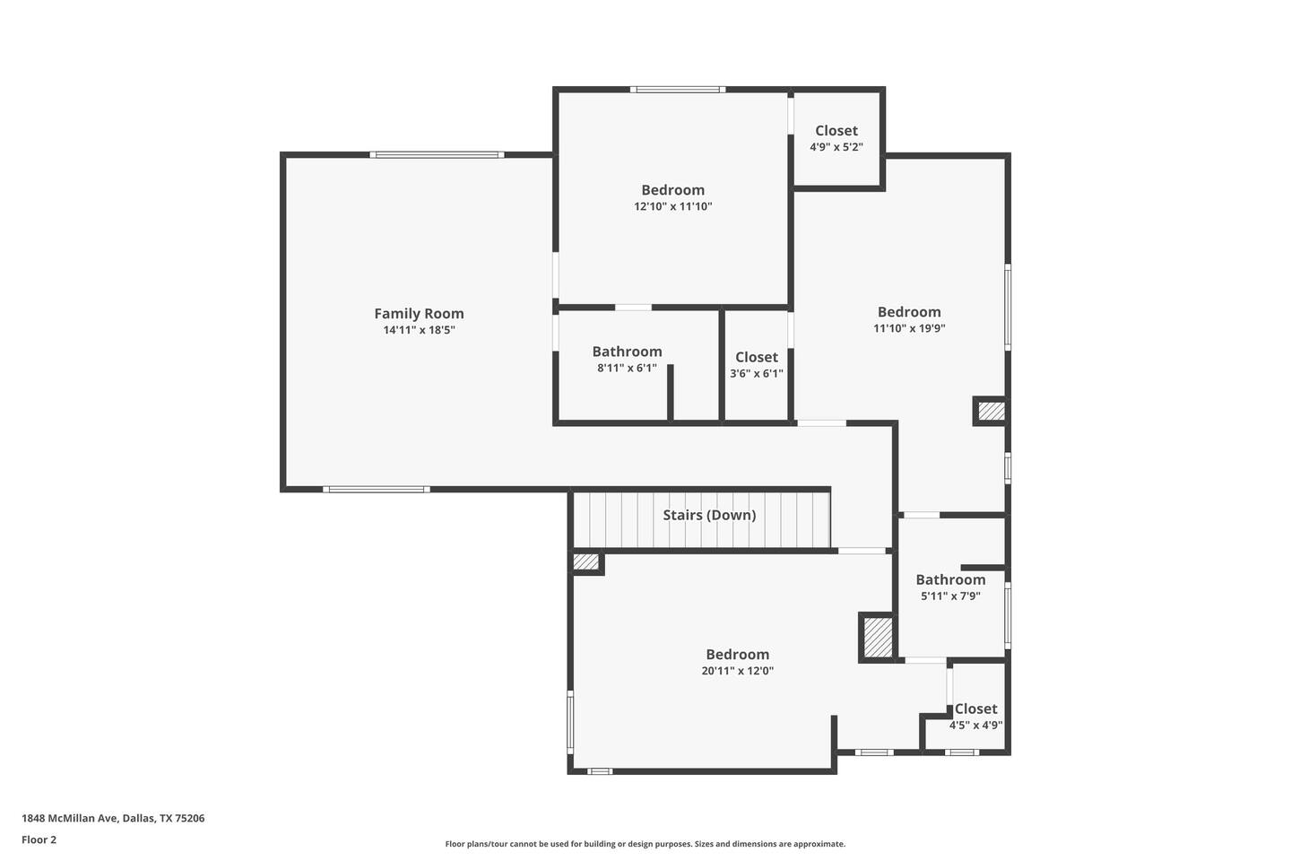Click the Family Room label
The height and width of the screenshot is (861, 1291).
click(419, 314)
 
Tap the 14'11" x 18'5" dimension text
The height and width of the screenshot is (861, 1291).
click(419, 330)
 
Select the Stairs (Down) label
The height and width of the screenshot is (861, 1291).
click(709, 515)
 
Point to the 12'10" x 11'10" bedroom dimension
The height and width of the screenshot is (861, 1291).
click(673, 206)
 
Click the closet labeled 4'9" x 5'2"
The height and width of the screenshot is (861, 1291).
click(836, 138)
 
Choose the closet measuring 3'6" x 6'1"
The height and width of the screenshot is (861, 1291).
click(756, 365)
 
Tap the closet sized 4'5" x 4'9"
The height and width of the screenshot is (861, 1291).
click(975, 717)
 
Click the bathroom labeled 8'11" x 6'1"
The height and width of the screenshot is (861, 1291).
click(627, 360)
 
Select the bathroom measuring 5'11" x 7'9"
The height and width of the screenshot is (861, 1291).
click(950, 587)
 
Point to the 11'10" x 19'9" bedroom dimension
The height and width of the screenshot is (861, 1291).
click(909, 328)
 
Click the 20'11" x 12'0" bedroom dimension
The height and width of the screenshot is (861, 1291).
click(738, 671)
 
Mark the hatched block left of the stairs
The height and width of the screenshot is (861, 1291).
click(586, 561)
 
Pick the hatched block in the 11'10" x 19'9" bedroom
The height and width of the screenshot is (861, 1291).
click(992, 411)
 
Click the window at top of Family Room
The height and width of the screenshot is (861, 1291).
click(437, 154)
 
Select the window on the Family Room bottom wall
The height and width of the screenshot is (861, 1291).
click(377, 490)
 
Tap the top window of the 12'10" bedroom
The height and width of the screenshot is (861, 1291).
click(678, 90)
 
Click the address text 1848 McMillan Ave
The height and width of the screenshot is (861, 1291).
click(113, 818)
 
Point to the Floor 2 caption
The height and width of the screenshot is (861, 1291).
click(39, 839)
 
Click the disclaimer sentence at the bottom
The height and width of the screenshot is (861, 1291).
click(645, 844)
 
